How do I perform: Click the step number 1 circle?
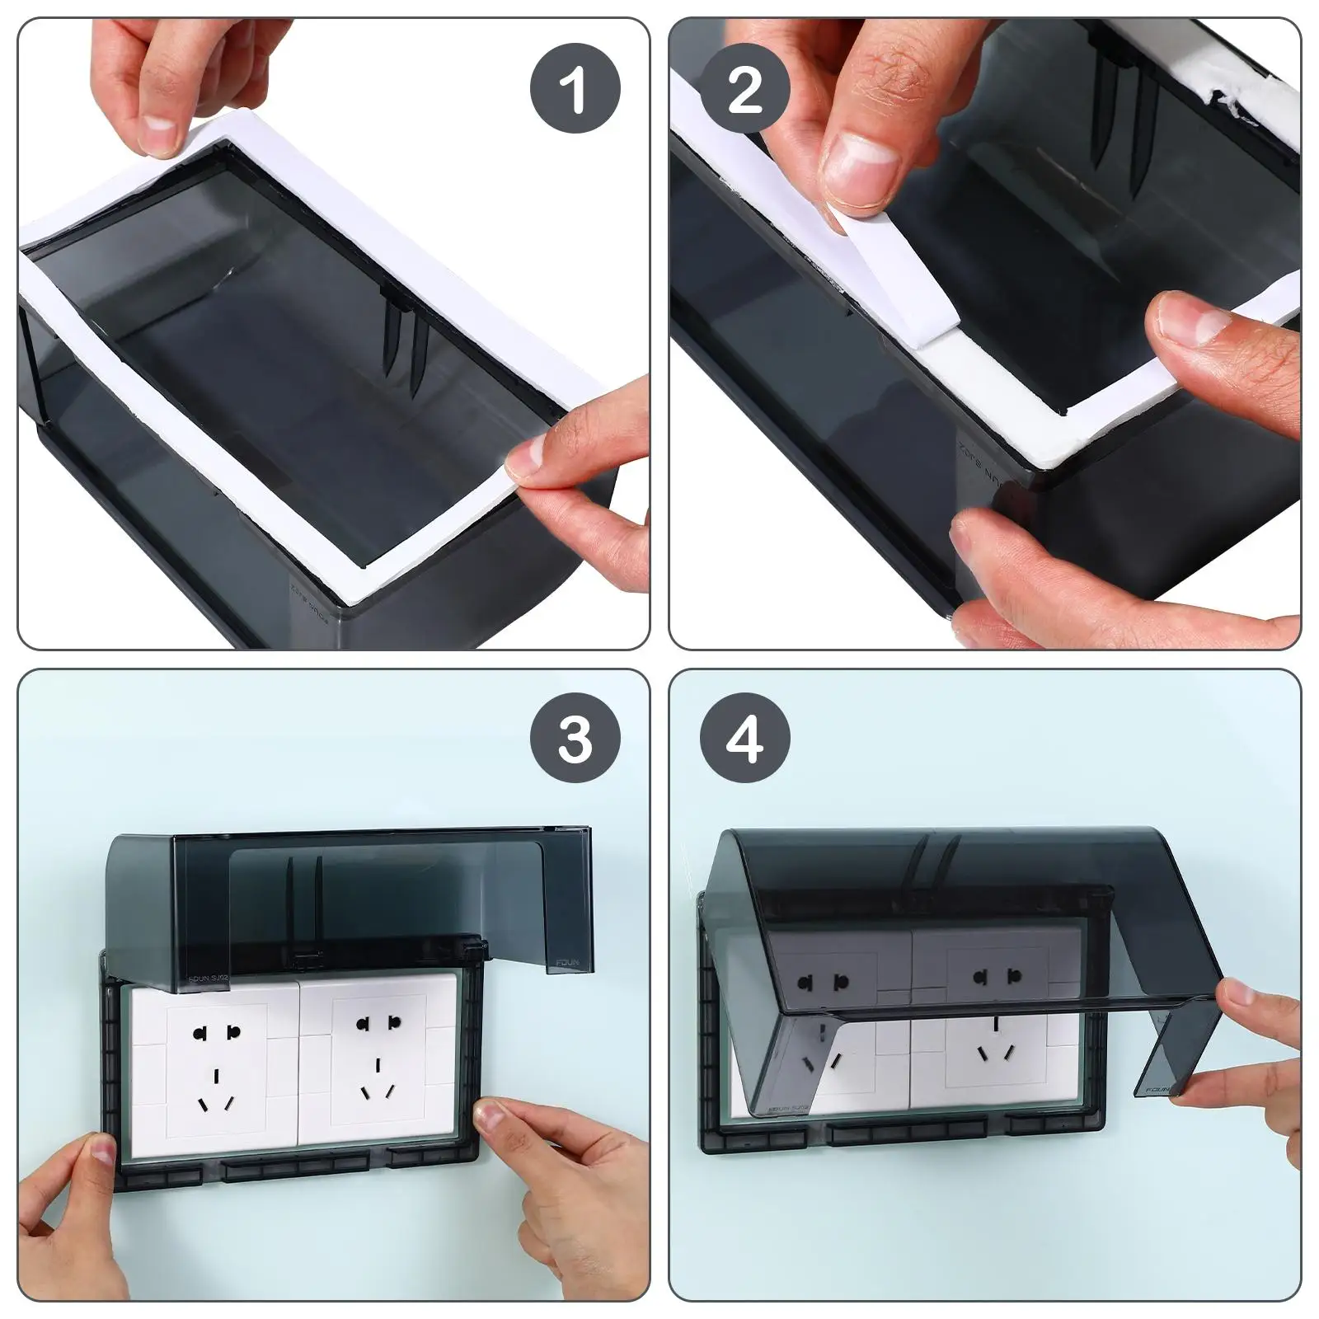point(575,89)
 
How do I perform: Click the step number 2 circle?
point(745,89)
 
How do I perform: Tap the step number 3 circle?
point(575,739)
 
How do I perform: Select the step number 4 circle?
point(745,739)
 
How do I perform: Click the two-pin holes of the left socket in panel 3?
point(214,1031)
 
